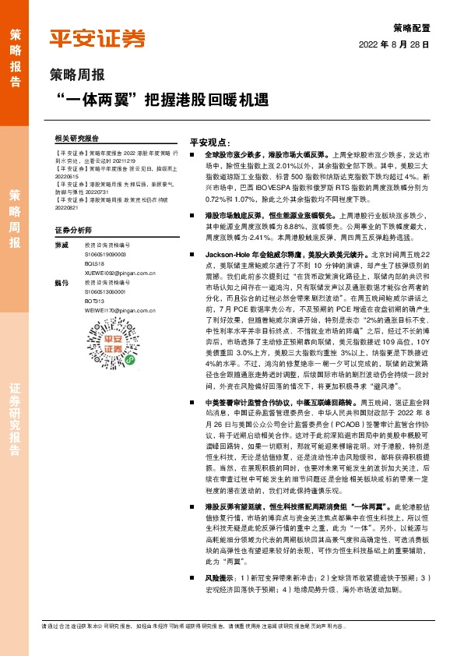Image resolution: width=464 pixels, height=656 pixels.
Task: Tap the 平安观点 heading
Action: tap(210, 143)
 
